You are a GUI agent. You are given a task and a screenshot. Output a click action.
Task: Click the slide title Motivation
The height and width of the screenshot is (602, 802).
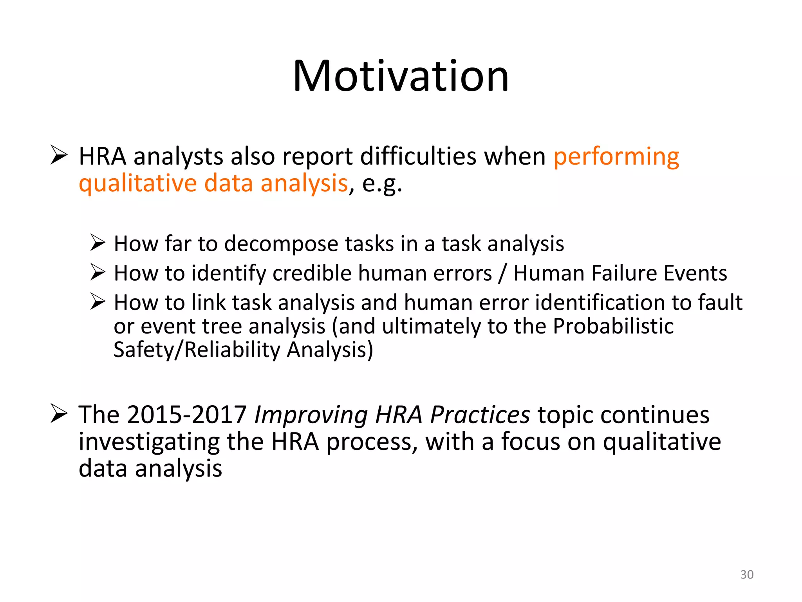tap(401, 76)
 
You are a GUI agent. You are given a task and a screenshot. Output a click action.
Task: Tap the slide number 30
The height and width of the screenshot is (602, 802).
tap(747, 575)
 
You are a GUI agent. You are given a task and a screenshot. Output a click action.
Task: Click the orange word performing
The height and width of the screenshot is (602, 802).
tap(616, 157)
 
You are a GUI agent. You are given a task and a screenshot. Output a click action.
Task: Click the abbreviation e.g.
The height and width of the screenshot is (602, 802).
tap(382, 184)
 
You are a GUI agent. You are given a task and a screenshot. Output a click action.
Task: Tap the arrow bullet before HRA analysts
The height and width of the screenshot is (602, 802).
tap(59, 155)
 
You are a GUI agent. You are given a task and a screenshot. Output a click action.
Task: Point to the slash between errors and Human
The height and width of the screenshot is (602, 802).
tap(502, 273)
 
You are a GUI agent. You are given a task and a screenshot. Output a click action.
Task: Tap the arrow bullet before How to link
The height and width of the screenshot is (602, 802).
tap(98, 301)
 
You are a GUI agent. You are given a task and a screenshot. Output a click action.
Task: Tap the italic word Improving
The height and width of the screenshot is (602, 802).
tap(311, 415)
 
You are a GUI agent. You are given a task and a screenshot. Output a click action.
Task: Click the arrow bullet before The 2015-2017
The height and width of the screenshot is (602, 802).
tap(59, 413)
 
